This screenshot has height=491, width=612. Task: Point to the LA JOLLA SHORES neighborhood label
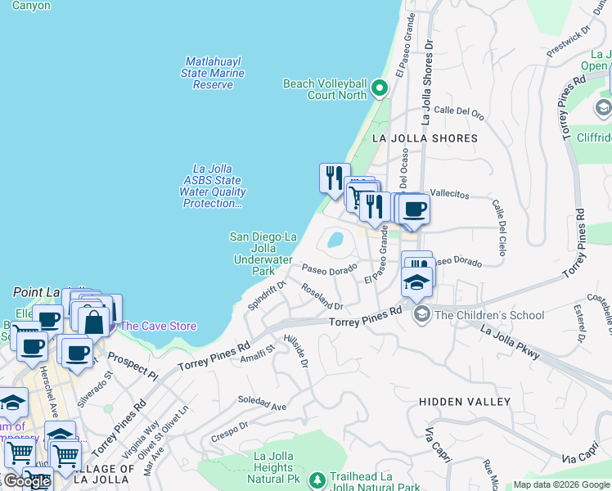pos(425,138)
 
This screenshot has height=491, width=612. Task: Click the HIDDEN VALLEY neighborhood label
pos(465,402)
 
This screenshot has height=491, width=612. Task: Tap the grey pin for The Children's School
pos(422,314)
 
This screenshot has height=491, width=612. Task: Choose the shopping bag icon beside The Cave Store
pos(94,321)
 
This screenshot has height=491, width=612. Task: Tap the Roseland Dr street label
pos(321,296)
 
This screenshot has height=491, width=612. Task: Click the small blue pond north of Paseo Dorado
pos(335,240)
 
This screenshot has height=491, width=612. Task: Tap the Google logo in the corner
pos(26,481)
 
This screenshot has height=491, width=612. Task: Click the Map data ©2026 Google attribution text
pos(560,484)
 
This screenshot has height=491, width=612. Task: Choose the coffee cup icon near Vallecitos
pos(415,208)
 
